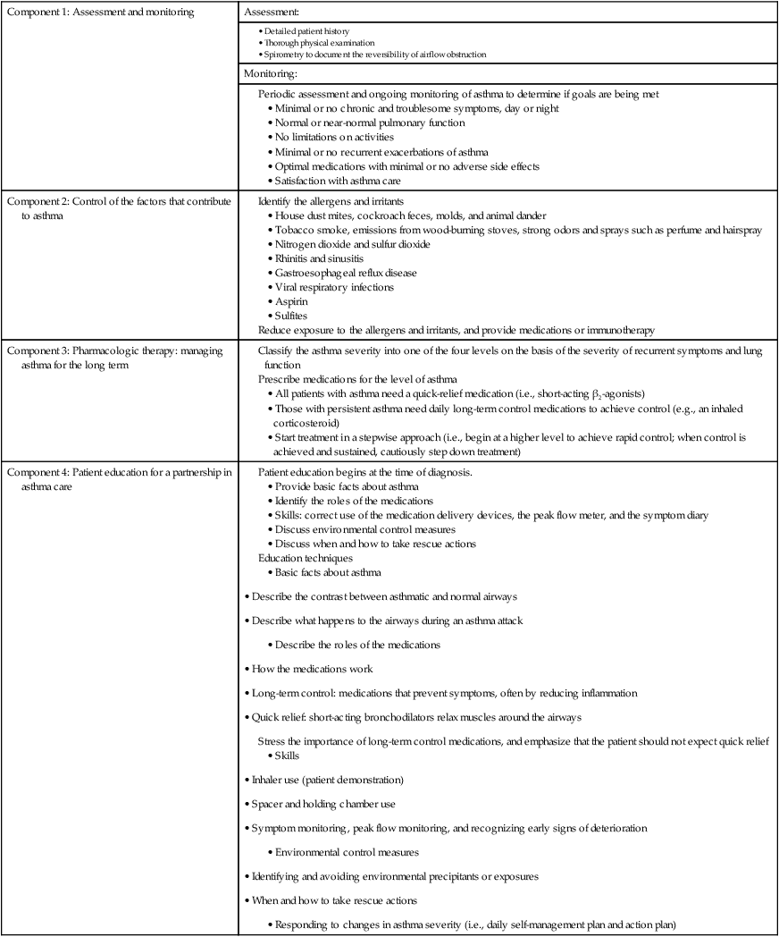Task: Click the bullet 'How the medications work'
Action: pyautogui.click(x=312, y=668)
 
